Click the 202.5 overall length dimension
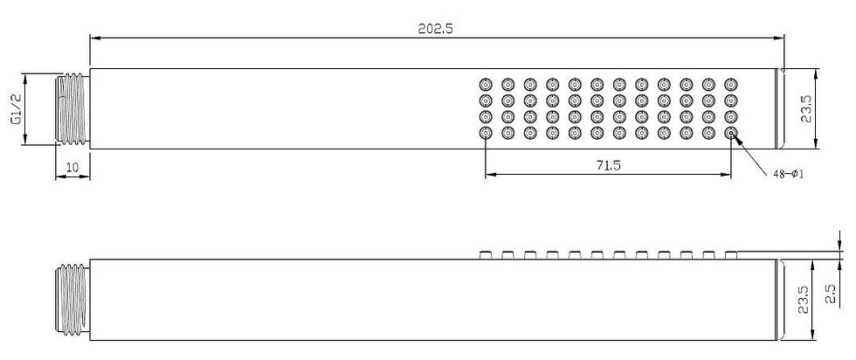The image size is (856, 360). click(x=435, y=29)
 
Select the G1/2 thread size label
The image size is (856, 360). click(x=16, y=108)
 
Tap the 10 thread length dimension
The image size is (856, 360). click(x=72, y=167)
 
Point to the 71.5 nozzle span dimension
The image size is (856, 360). click(x=608, y=165)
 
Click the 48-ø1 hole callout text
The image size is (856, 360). click(x=788, y=174)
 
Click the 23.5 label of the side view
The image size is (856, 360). click(x=803, y=300)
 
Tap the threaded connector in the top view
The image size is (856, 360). click(x=72, y=110)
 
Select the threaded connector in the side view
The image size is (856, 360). click(x=72, y=300)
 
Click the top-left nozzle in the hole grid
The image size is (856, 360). click(x=486, y=85)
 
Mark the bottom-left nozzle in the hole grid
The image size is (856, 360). click(x=486, y=133)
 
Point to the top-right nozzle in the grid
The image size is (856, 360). click(x=730, y=85)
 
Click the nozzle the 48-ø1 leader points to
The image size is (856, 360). click(x=730, y=133)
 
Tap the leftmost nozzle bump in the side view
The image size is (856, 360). click(x=486, y=255)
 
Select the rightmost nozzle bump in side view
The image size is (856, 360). click(x=730, y=255)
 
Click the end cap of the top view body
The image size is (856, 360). click(x=779, y=108)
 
